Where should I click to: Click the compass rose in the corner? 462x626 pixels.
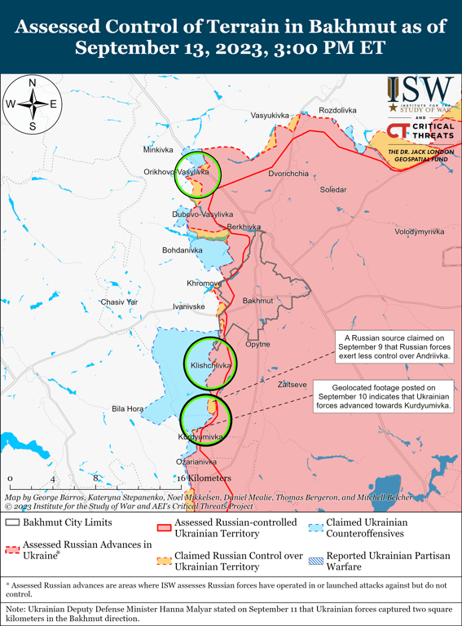(x=33, y=104)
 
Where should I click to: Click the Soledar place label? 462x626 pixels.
(x=332, y=189)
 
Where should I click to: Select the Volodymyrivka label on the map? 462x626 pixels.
(x=419, y=232)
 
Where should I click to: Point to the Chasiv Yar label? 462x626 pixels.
(x=119, y=302)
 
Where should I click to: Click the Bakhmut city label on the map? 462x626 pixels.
(x=258, y=301)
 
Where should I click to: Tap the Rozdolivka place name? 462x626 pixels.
(x=337, y=110)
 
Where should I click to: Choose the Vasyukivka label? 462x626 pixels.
(x=270, y=116)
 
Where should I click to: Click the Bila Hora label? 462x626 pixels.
(x=127, y=408)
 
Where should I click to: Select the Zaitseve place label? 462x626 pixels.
(x=292, y=383)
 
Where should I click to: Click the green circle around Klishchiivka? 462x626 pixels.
(x=211, y=364)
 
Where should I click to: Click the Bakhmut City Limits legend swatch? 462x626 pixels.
(x=12, y=522)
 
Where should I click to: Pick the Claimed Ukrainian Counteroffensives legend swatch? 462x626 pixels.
(x=315, y=527)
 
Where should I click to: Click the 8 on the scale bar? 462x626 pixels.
(x=95, y=478)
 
